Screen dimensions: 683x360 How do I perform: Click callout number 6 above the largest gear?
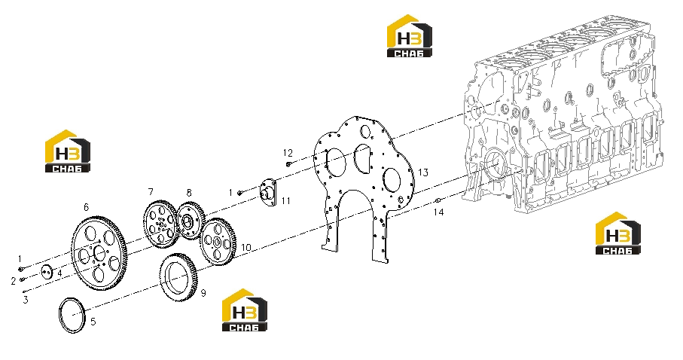pyautogui.click(x=87, y=207)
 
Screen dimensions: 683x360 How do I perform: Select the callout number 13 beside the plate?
pyautogui.click(x=423, y=172)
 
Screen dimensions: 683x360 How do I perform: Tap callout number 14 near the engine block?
pyautogui.click(x=438, y=212)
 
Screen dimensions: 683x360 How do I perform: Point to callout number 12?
pyautogui.click(x=288, y=153)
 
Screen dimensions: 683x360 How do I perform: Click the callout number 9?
pyautogui.click(x=203, y=293)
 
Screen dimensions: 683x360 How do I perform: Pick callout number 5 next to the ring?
pyautogui.click(x=93, y=322)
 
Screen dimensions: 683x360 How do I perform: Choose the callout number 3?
pyautogui.click(x=26, y=300)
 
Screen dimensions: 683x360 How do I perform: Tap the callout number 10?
pyautogui.click(x=246, y=248)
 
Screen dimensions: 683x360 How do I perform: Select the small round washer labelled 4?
pyautogui.click(x=47, y=273)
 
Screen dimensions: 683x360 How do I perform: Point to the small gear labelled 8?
pyautogui.click(x=191, y=221)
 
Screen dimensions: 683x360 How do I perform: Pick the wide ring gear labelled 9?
pyautogui.click(x=178, y=278)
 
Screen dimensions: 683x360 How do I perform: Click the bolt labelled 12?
pyautogui.click(x=289, y=164)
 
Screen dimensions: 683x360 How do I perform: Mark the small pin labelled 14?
pyautogui.click(x=438, y=200)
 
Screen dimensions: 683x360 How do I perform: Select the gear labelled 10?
pyautogui.click(x=218, y=242)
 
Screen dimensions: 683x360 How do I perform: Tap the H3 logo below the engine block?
pyautogui.click(x=618, y=233)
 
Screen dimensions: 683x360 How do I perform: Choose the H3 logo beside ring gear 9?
pyautogui.click(x=245, y=310)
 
